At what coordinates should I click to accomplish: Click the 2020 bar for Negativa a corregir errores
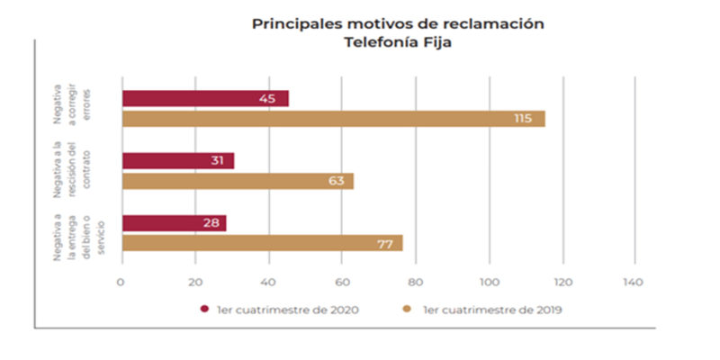[205, 99]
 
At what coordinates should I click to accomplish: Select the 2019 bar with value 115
[333, 119]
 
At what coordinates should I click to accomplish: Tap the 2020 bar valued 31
[177, 161]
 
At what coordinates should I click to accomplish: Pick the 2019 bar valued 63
[238, 181]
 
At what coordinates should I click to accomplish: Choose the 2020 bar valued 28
[174, 223]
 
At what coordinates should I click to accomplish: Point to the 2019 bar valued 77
[262, 243]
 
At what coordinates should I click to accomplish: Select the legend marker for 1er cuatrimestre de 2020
[204, 309]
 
